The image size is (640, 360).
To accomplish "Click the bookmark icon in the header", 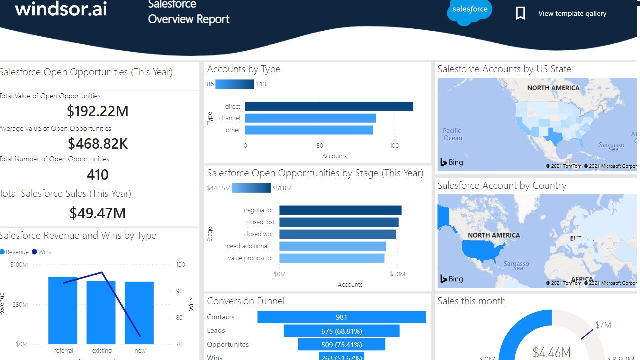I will pos(520,13).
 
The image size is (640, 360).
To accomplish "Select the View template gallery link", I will pos(572,14).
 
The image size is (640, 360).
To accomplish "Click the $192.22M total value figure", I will pos(98,111).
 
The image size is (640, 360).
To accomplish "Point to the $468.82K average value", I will pos(98,144).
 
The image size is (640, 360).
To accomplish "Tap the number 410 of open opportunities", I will pos(98,175).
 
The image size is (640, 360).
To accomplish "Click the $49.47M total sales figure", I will pos(98,213).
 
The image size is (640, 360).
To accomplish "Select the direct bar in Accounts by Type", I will pos(329,106).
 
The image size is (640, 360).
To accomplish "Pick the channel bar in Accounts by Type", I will pos(310,118).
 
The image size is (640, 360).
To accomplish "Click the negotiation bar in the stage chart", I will pos(340,210).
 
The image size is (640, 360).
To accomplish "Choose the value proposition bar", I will pos(332,258).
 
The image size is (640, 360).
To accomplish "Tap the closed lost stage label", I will pos(260,222).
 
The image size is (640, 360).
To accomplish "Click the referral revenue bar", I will pos(63,310).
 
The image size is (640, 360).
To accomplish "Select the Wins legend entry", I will pos(42,252).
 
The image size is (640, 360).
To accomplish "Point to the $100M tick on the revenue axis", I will pos(19,264).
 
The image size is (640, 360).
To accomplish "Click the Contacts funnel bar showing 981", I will pos(341,317).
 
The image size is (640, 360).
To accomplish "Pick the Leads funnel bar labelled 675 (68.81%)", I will pos(341,331).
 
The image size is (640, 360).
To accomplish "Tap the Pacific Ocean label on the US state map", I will pos(453,135).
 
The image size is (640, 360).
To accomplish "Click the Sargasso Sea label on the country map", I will pos(516,266).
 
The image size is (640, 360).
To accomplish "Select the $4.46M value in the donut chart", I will pos(552,352).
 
